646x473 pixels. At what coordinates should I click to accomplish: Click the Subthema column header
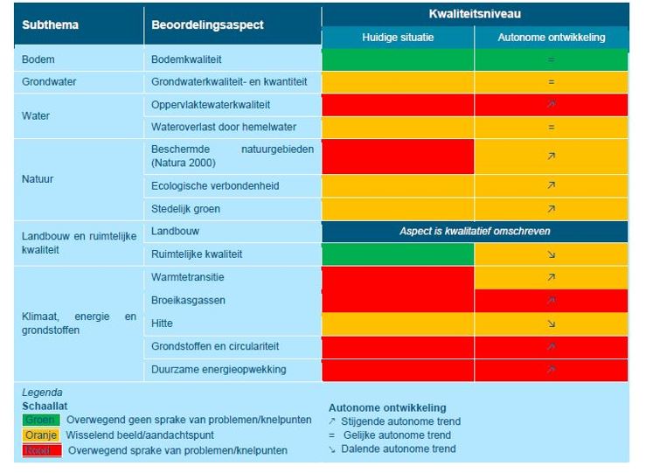(51, 24)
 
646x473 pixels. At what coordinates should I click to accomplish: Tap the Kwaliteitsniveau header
(475, 14)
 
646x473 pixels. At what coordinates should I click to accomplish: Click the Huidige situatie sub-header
(398, 38)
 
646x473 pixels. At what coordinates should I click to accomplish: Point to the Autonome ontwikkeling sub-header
(551, 38)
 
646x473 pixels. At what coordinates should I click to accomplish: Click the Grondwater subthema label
(49, 81)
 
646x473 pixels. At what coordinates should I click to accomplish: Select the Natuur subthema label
(38, 179)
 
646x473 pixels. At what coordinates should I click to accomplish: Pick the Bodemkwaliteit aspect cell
(186, 59)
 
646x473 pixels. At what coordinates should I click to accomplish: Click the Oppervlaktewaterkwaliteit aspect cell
(210, 105)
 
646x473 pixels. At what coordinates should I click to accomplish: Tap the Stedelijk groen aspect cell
(185, 209)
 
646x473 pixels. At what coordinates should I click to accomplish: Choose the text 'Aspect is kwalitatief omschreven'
(475, 232)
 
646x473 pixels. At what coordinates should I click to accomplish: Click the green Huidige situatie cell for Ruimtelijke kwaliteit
(398, 254)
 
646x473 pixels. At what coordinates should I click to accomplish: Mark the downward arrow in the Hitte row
(551, 323)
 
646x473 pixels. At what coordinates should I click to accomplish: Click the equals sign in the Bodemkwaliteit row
(551, 59)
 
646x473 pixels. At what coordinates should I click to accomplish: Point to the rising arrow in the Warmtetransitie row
(551, 277)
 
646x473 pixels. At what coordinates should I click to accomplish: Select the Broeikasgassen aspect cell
(188, 300)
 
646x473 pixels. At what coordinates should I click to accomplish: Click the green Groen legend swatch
(42, 420)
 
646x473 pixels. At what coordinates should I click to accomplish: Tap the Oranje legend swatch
(42, 435)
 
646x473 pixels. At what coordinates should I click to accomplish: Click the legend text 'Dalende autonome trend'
(401, 449)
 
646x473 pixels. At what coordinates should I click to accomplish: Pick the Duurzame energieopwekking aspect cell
(219, 369)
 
